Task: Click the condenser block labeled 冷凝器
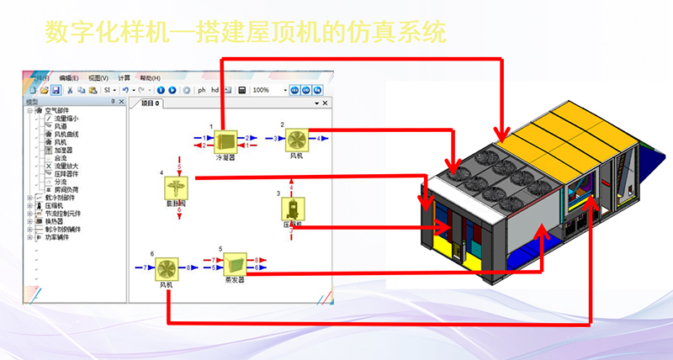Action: tap(225, 140)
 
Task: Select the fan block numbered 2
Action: tap(297, 139)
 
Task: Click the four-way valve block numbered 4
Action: tap(175, 187)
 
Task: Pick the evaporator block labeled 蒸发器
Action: tap(234, 265)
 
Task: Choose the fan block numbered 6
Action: tap(167, 267)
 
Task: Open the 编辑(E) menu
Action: tap(69, 77)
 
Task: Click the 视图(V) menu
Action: tap(98, 77)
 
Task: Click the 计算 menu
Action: tap(125, 77)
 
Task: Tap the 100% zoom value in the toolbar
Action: tap(262, 90)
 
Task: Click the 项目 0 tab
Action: tap(151, 103)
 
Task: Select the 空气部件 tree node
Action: tap(56, 111)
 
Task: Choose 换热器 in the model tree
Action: tap(53, 221)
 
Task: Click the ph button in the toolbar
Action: tap(201, 90)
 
